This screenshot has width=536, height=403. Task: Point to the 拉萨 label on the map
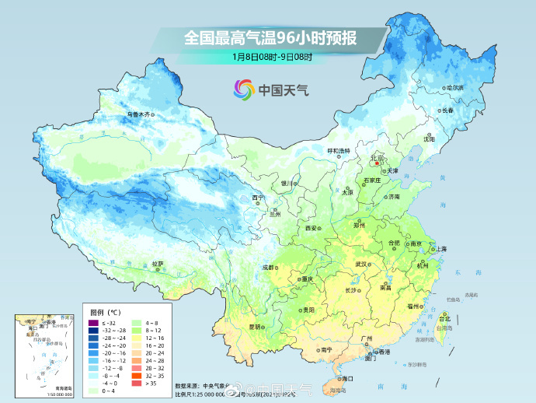(158, 264)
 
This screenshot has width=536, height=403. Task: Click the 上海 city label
(441, 248)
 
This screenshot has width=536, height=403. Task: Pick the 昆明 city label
(254, 326)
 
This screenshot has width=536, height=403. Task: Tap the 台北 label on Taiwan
(444, 319)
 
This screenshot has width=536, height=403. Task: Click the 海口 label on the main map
(347, 378)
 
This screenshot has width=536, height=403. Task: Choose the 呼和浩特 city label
(338, 150)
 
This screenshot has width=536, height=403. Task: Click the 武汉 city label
(360, 265)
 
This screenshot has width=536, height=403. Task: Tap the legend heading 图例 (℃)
(105, 312)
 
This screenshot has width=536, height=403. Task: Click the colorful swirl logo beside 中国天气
(243, 89)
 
